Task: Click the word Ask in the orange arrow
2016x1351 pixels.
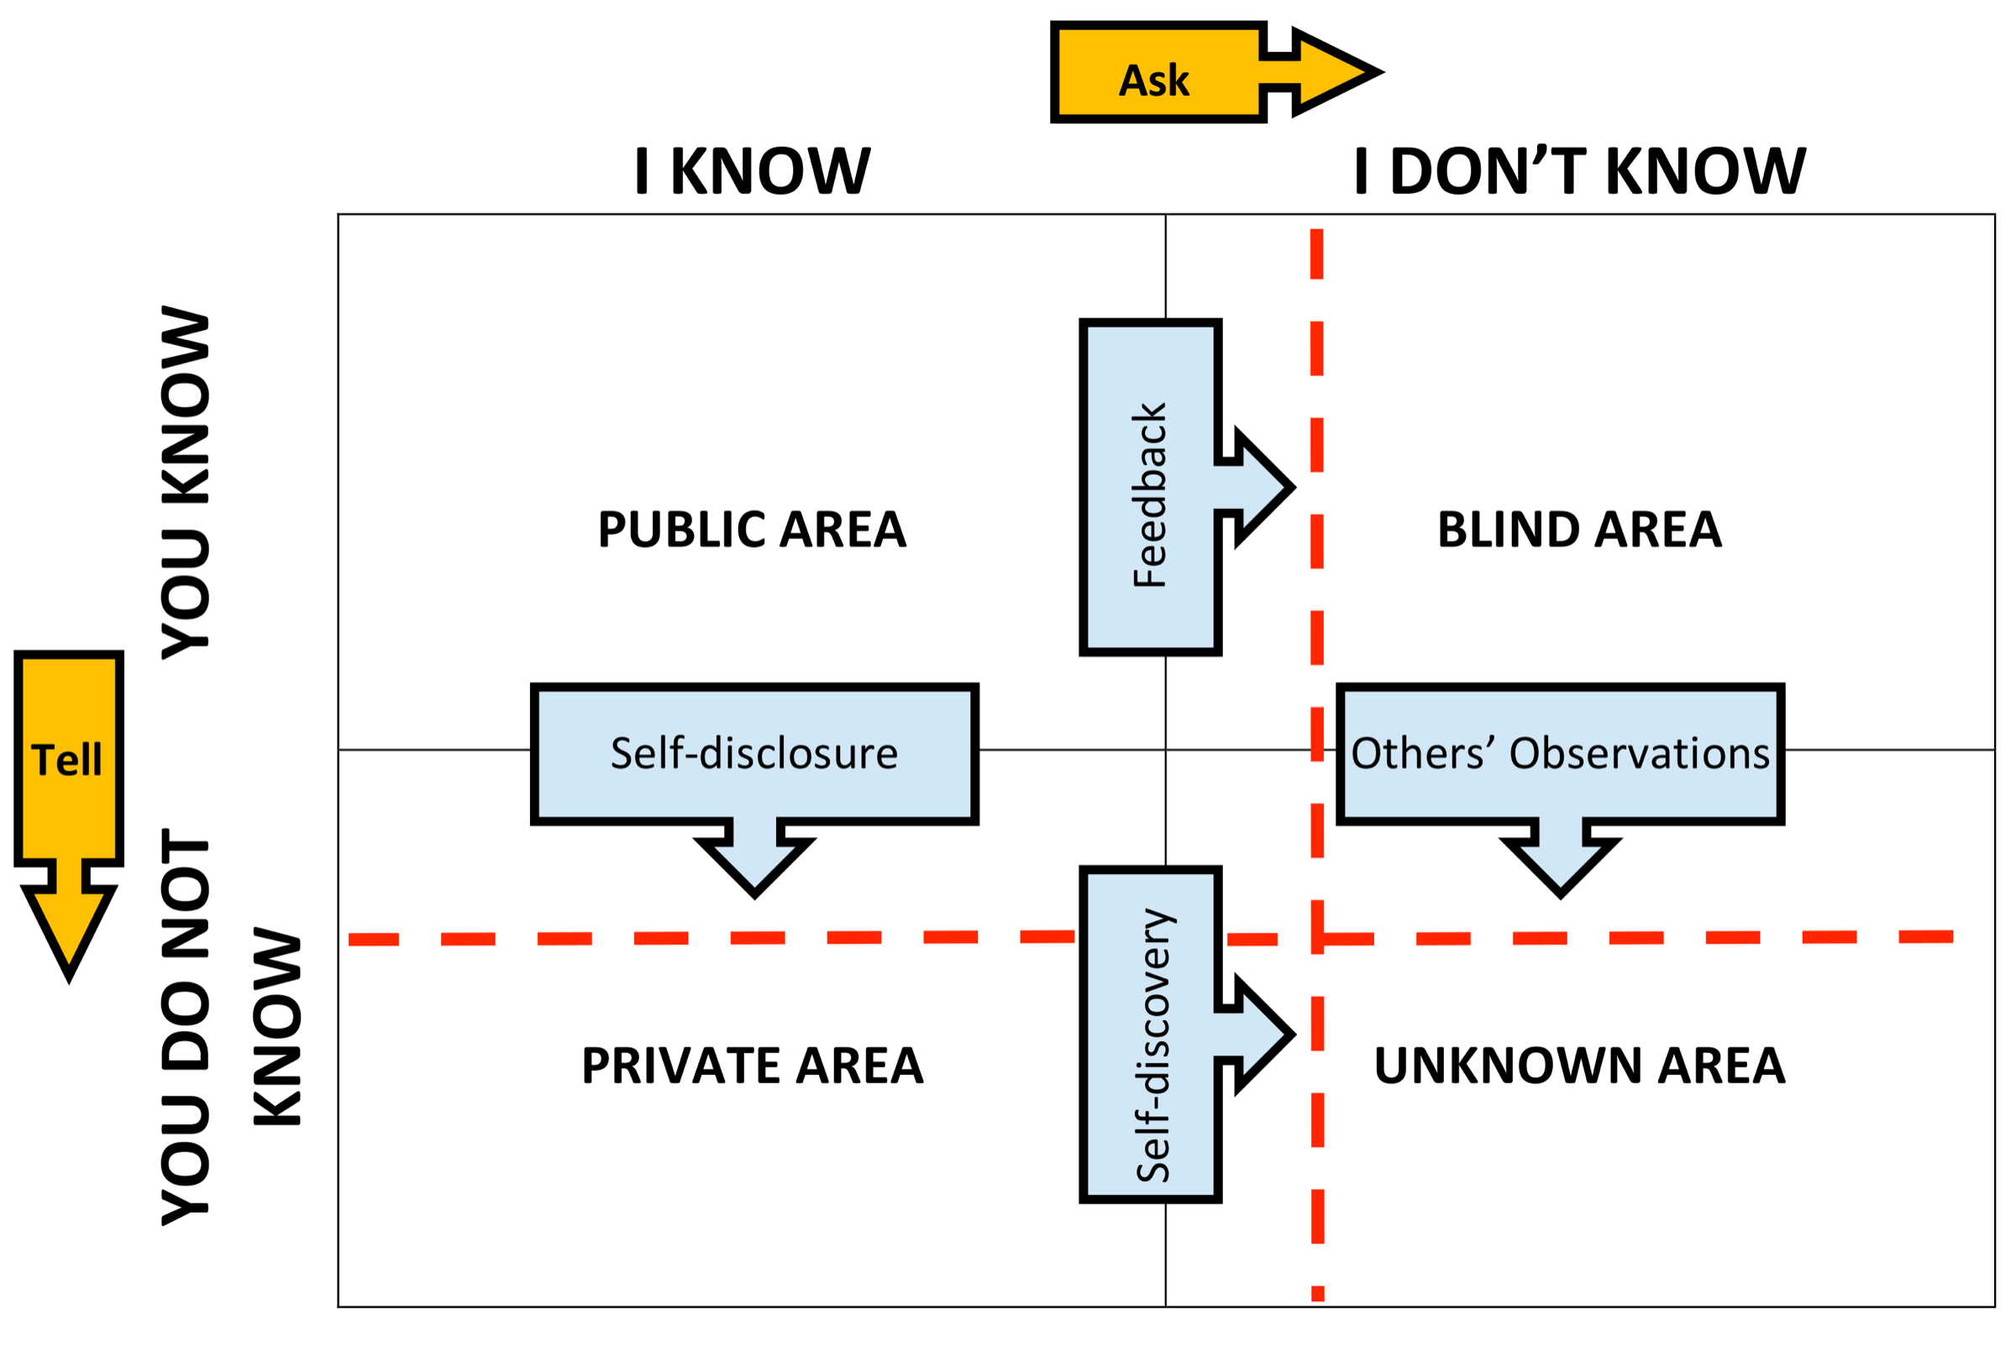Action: click(x=1153, y=80)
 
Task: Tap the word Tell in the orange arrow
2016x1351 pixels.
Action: click(x=66, y=760)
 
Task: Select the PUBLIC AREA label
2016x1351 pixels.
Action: click(x=752, y=529)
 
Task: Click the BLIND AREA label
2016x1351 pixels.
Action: click(x=1579, y=529)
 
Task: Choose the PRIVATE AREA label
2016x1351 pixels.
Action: click(x=752, y=1066)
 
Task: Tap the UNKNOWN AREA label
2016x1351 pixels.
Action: click(x=1579, y=1066)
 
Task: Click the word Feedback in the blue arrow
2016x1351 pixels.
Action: click(x=1150, y=495)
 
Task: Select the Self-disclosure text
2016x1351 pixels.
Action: click(x=754, y=753)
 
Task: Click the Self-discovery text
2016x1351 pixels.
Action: click(x=1153, y=1045)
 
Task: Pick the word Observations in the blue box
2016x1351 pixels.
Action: click(x=1639, y=753)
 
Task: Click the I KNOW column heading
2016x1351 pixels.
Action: click(x=752, y=170)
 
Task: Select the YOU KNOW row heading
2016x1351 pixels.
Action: click(x=186, y=483)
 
